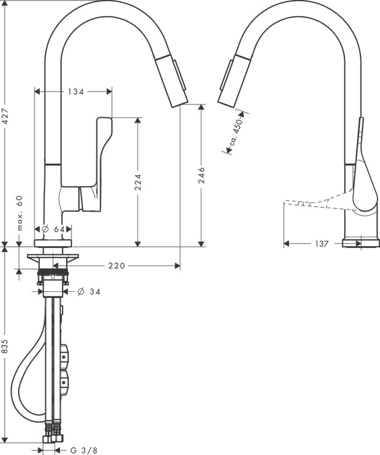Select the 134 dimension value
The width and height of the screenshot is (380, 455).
click(76, 92)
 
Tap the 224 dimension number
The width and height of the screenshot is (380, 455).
click(138, 182)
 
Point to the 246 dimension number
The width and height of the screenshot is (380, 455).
click(201, 175)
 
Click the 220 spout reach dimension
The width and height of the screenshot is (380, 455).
click(117, 266)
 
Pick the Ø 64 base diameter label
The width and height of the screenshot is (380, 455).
click(53, 229)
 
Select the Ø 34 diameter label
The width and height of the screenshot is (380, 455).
click(89, 291)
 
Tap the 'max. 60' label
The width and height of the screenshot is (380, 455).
click(19, 213)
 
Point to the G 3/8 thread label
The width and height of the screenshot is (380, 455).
click(84, 450)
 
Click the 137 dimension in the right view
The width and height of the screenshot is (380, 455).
click(321, 244)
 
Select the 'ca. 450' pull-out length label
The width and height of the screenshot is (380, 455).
click(236, 133)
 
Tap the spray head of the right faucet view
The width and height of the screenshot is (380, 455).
click(234, 80)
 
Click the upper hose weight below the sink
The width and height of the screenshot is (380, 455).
click(65, 357)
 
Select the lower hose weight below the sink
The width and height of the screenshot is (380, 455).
click(65, 382)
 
